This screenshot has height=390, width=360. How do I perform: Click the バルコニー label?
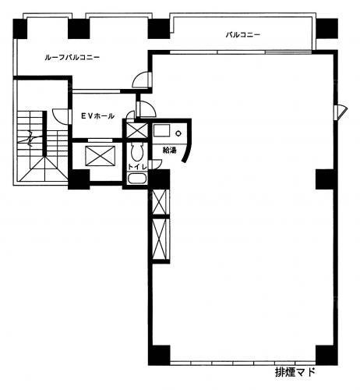pyautogui.click(x=242, y=34)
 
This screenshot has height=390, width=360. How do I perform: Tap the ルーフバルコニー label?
pyautogui.click(x=72, y=58)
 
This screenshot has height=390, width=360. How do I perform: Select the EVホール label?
pyautogui.click(x=97, y=115)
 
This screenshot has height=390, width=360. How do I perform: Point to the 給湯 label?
pyautogui.click(x=170, y=150)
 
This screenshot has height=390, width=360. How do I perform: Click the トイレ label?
pyautogui.click(x=137, y=167)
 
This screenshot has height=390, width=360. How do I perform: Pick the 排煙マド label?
pyautogui.click(x=295, y=372)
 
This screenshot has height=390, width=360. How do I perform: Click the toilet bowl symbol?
pyautogui.click(x=137, y=152)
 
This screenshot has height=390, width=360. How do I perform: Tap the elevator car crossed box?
pyautogui.click(x=101, y=156)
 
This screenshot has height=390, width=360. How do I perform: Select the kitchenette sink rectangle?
pyautogui.click(x=161, y=130)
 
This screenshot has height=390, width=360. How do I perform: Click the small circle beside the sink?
pyautogui.click(x=178, y=133)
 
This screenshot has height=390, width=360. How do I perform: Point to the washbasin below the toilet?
pyautogui.click(x=137, y=179)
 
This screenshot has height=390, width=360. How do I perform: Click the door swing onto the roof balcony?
pyautogui.click(x=142, y=80)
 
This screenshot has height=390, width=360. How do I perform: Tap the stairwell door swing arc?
pyautogui.click(x=62, y=116)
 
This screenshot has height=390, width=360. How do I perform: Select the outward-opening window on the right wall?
pyautogui.click(x=341, y=112)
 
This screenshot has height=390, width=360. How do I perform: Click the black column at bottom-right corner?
pyautogui.click(x=326, y=355)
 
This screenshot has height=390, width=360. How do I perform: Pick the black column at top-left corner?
pyautogui.click(x=20, y=29)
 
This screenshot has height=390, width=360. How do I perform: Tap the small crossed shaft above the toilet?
pyautogui.click(x=137, y=130)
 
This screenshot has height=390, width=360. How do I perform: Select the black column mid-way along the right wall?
pyautogui.click(x=326, y=179)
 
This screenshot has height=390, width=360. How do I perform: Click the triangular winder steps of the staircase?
pyautogui.click(x=44, y=169)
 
